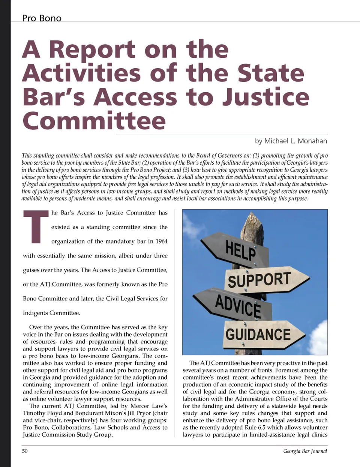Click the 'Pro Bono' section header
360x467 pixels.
[x=42, y=18]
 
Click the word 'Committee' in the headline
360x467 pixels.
[x=94, y=121]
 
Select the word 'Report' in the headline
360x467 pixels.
[x=92, y=50]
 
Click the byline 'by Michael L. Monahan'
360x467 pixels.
[x=291, y=141]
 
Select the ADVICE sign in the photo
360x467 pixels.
[x=236, y=305]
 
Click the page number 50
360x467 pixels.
[x=25, y=451]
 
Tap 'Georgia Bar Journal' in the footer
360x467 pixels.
[x=305, y=451]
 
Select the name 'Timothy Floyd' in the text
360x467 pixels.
[x=40, y=413]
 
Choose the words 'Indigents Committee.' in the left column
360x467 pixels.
[x=51, y=313]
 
